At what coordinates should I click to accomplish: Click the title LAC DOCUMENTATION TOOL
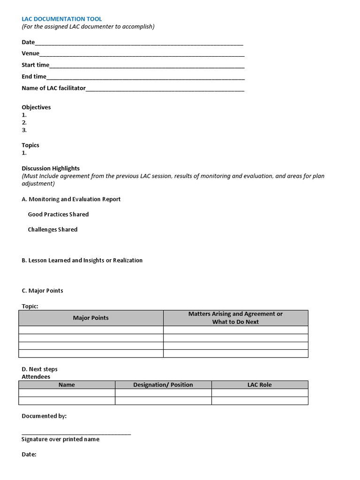(x=61, y=19)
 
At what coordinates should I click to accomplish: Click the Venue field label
(x=30, y=53)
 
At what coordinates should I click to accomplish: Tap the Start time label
(x=35, y=65)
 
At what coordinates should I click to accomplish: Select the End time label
(x=34, y=76)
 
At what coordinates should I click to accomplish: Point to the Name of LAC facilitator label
(x=53, y=88)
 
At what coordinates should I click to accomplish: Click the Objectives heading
(x=36, y=107)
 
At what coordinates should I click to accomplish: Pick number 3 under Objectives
(x=24, y=130)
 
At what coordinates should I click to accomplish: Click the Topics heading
(x=30, y=145)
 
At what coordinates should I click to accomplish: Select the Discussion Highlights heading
(x=51, y=168)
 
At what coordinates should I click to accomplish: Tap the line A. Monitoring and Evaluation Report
(x=71, y=199)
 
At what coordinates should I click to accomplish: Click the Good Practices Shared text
(x=58, y=214)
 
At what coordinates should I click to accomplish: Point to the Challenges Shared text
(x=52, y=230)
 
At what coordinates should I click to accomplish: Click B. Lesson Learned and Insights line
(x=82, y=260)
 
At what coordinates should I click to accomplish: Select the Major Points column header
(x=90, y=318)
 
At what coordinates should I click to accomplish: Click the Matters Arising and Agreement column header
(x=235, y=318)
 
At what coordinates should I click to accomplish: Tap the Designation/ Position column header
(x=163, y=385)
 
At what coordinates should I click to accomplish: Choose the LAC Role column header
(x=259, y=385)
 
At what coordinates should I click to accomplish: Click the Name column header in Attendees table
(x=67, y=385)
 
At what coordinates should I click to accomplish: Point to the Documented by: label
(x=44, y=416)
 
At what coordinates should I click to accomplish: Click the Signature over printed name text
(x=60, y=439)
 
